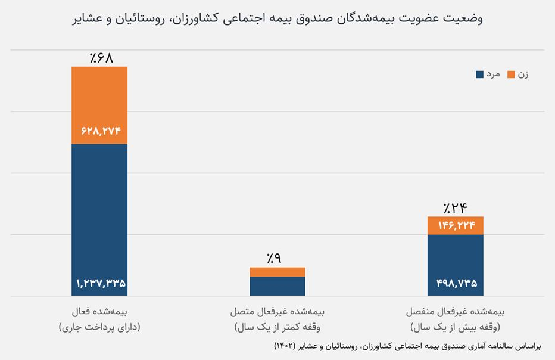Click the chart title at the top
coord(277,18)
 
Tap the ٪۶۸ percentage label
coord(101,58)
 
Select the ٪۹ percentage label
coord(275,258)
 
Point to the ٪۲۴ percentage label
coord(455,207)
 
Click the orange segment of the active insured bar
coord(99,105)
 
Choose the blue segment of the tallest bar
coord(99,220)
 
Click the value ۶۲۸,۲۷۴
coord(101,131)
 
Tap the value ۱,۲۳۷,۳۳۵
coord(101,283)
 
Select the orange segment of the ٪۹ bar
coord(277,272)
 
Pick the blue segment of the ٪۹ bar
coord(277,286)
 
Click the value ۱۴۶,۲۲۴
coord(457,225)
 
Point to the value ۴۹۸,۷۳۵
coord(457,283)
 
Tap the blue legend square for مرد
coord(479,75)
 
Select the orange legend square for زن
coord(511,75)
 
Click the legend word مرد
coord(493,74)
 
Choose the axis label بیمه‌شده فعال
coord(99,312)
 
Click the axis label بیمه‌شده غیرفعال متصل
coord(277,312)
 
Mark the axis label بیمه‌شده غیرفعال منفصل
coord(455,312)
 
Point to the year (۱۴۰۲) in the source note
coord(285,346)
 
